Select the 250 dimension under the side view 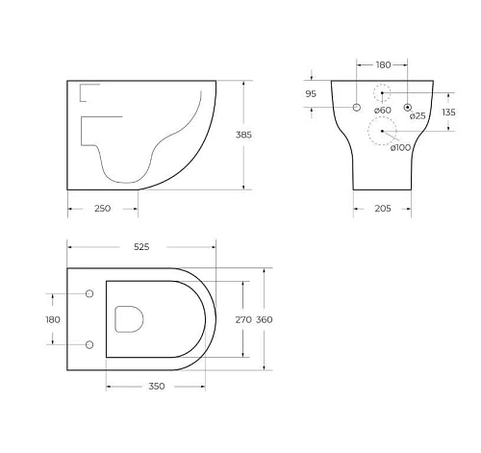click(x=102, y=208)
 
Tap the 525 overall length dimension click(x=141, y=247)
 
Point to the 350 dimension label click(x=156, y=386)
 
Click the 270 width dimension click(x=243, y=318)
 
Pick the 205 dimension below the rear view click(x=382, y=208)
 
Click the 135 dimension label click(x=448, y=112)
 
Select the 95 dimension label click(x=311, y=94)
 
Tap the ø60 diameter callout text click(x=382, y=112)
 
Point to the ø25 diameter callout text click(x=418, y=116)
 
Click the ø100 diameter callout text click(x=401, y=147)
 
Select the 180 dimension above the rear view click(x=382, y=64)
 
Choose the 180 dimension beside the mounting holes click(x=53, y=318)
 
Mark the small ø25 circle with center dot click(x=408, y=107)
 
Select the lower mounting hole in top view click(x=90, y=343)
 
